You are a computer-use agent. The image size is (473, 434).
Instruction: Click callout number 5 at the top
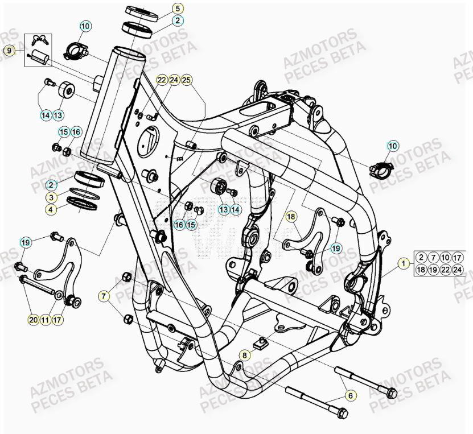coord(177,9)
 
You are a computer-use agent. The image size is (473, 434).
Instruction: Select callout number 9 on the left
coord(8,51)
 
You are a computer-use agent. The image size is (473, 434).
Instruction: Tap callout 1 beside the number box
coord(403,263)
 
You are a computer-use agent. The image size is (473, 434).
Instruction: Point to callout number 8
coord(244,355)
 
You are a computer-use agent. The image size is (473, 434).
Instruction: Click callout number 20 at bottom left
coord(33,320)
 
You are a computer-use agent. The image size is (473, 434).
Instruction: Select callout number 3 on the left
coord(51,197)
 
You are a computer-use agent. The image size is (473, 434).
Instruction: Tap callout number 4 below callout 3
coord(51,209)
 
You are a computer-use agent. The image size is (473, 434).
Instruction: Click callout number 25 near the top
coord(187,80)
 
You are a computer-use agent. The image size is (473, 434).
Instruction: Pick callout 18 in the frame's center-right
coord(291,217)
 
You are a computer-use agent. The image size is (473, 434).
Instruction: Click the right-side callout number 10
coord(392,146)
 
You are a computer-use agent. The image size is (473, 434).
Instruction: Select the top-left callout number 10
coord(85,26)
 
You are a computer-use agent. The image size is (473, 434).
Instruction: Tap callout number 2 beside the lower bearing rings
coord(51,185)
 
